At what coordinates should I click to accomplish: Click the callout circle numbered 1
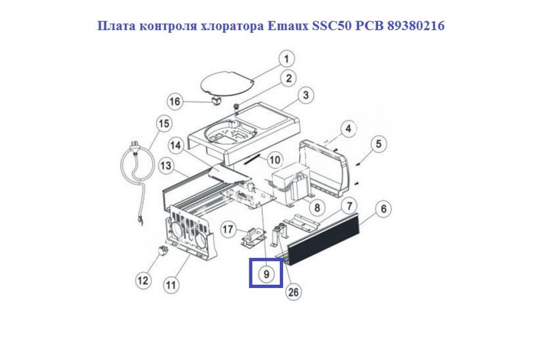(x=286, y=59)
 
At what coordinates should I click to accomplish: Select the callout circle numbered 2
(x=289, y=78)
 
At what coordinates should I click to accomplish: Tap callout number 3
(x=306, y=95)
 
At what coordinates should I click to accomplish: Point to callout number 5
(x=378, y=144)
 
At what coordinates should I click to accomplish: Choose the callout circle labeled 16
(x=175, y=101)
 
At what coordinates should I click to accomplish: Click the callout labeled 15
(x=164, y=124)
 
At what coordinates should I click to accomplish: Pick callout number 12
(x=143, y=280)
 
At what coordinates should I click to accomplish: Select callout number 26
(x=293, y=292)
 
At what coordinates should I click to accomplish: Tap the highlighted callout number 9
(x=266, y=274)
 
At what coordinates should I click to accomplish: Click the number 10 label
(x=275, y=160)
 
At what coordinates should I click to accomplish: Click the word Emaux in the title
(x=288, y=26)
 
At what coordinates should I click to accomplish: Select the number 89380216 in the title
(x=416, y=26)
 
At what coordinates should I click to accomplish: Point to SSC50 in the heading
(x=332, y=26)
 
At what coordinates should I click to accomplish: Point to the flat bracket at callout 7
(x=302, y=223)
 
